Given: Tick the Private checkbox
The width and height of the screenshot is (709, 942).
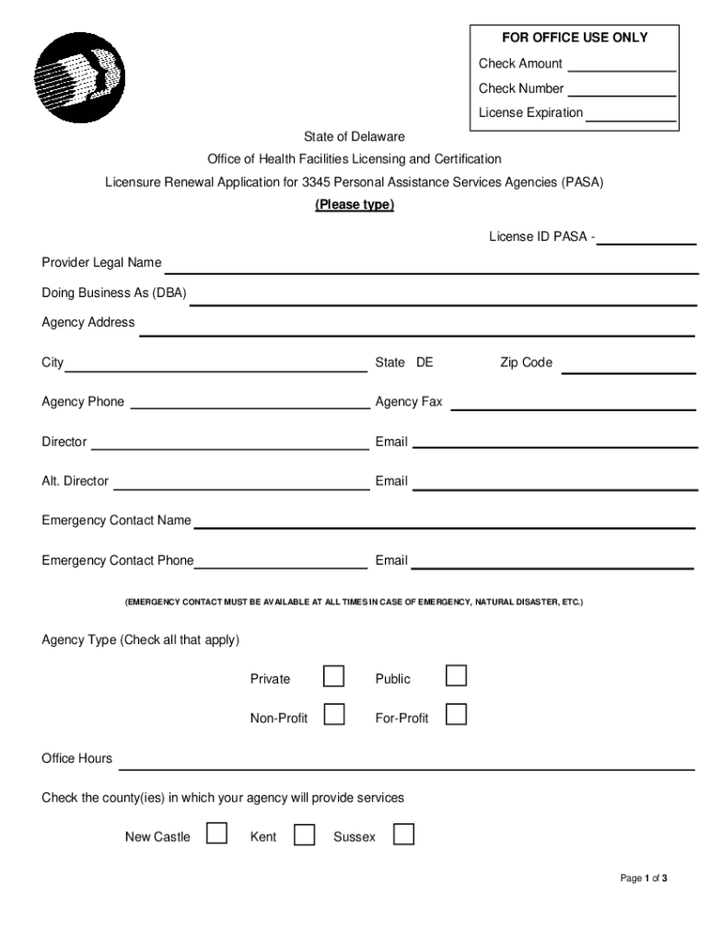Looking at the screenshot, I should [334, 677].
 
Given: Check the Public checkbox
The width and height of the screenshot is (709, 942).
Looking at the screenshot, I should [456, 676].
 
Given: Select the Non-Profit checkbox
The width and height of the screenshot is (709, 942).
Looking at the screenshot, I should [334, 714].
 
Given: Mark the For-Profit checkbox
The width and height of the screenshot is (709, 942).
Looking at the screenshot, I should [456, 714].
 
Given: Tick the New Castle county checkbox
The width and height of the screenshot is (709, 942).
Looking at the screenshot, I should [216, 833].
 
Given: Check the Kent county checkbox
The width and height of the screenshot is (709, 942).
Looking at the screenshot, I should [304, 834].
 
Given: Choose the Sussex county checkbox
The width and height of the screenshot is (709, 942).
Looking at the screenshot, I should [403, 833].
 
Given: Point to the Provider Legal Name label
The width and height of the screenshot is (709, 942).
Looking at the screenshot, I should [101, 263].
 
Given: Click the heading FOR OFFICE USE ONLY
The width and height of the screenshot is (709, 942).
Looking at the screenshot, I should [575, 38].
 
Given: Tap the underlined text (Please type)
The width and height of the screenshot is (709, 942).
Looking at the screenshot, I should [354, 205].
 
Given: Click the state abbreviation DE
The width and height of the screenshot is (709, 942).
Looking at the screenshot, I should [424, 362].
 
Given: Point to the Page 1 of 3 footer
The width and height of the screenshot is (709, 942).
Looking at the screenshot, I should [644, 879].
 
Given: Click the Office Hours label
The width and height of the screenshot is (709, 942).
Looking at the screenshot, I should [77, 759].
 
